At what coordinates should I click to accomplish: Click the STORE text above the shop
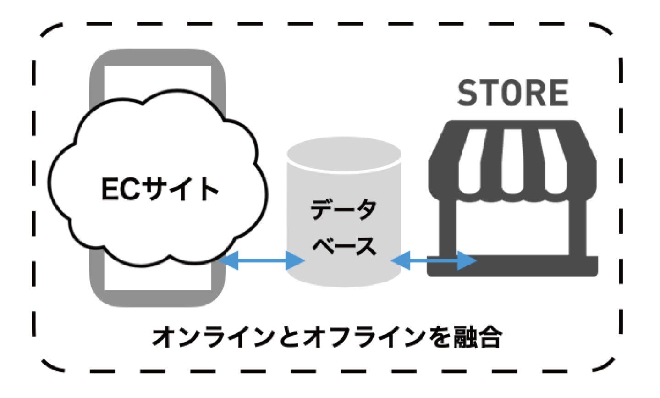512,93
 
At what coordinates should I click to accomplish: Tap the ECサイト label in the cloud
159,188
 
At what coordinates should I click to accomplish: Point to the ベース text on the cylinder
344,245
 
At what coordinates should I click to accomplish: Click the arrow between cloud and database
262,261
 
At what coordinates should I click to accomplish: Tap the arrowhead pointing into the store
467,261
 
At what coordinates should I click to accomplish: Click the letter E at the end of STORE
558,93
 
